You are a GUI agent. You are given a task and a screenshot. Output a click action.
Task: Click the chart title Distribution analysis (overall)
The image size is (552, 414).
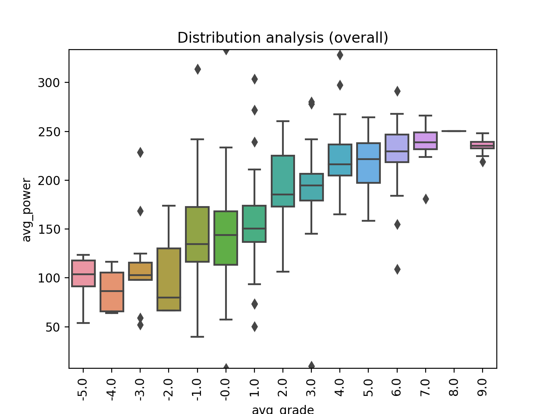click(x=282, y=38)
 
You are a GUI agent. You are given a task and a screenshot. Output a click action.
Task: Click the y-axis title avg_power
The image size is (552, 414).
click(x=27, y=210)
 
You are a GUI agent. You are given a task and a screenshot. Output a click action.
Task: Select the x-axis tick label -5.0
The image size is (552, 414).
click(x=83, y=389)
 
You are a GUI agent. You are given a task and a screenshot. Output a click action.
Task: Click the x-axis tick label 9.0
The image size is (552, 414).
click(x=483, y=388)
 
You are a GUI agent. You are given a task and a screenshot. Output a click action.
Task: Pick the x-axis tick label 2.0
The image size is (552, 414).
click(x=283, y=388)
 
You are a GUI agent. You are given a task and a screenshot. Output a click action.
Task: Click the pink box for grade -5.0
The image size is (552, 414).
click(x=83, y=273)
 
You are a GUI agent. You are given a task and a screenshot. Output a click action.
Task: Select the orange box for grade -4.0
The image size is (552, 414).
click(x=112, y=292)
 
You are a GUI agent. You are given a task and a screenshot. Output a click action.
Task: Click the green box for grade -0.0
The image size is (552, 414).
click(x=226, y=238)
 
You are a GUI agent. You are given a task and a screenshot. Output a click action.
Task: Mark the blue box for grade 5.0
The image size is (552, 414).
click(x=368, y=163)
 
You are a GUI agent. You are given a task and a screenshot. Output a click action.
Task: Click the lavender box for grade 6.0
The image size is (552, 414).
click(x=397, y=148)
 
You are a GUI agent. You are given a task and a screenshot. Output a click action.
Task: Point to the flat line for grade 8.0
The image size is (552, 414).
click(x=454, y=131)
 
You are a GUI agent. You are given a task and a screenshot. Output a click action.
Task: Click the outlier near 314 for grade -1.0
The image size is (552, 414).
click(x=198, y=69)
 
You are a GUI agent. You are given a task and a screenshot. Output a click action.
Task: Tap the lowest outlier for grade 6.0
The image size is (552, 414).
click(x=397, y=269)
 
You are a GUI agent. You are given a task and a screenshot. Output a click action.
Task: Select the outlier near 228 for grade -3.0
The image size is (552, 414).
click(x=140, y=152)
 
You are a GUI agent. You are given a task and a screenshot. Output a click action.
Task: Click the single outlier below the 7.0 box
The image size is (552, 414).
click(x=426, y=199)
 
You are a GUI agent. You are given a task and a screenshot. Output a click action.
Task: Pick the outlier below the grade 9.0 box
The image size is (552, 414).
click(x=483, y=162)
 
